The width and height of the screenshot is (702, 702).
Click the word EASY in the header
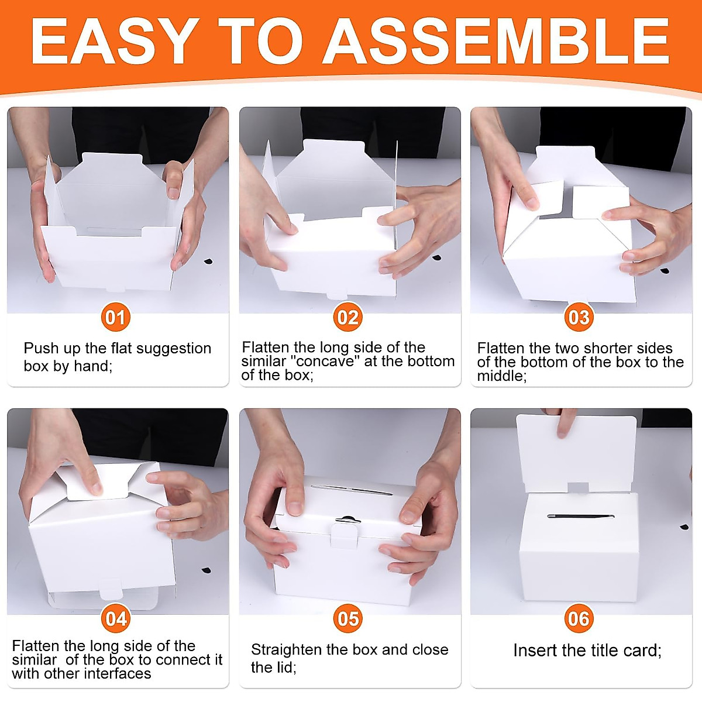coord(114,41)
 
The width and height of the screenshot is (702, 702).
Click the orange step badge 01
coord(115,317)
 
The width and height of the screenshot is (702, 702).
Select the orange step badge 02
coord(347,317)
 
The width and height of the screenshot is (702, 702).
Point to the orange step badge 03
coord(579,317)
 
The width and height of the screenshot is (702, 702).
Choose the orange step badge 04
coord(116,618)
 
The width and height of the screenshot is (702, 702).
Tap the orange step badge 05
coord(347,618)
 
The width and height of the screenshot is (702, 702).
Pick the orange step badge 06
coord(579,618)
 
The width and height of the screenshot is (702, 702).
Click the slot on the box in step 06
coord(581,517)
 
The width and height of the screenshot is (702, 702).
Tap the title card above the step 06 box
coord(576,453)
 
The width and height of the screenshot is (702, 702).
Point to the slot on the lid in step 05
coord(352,489)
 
